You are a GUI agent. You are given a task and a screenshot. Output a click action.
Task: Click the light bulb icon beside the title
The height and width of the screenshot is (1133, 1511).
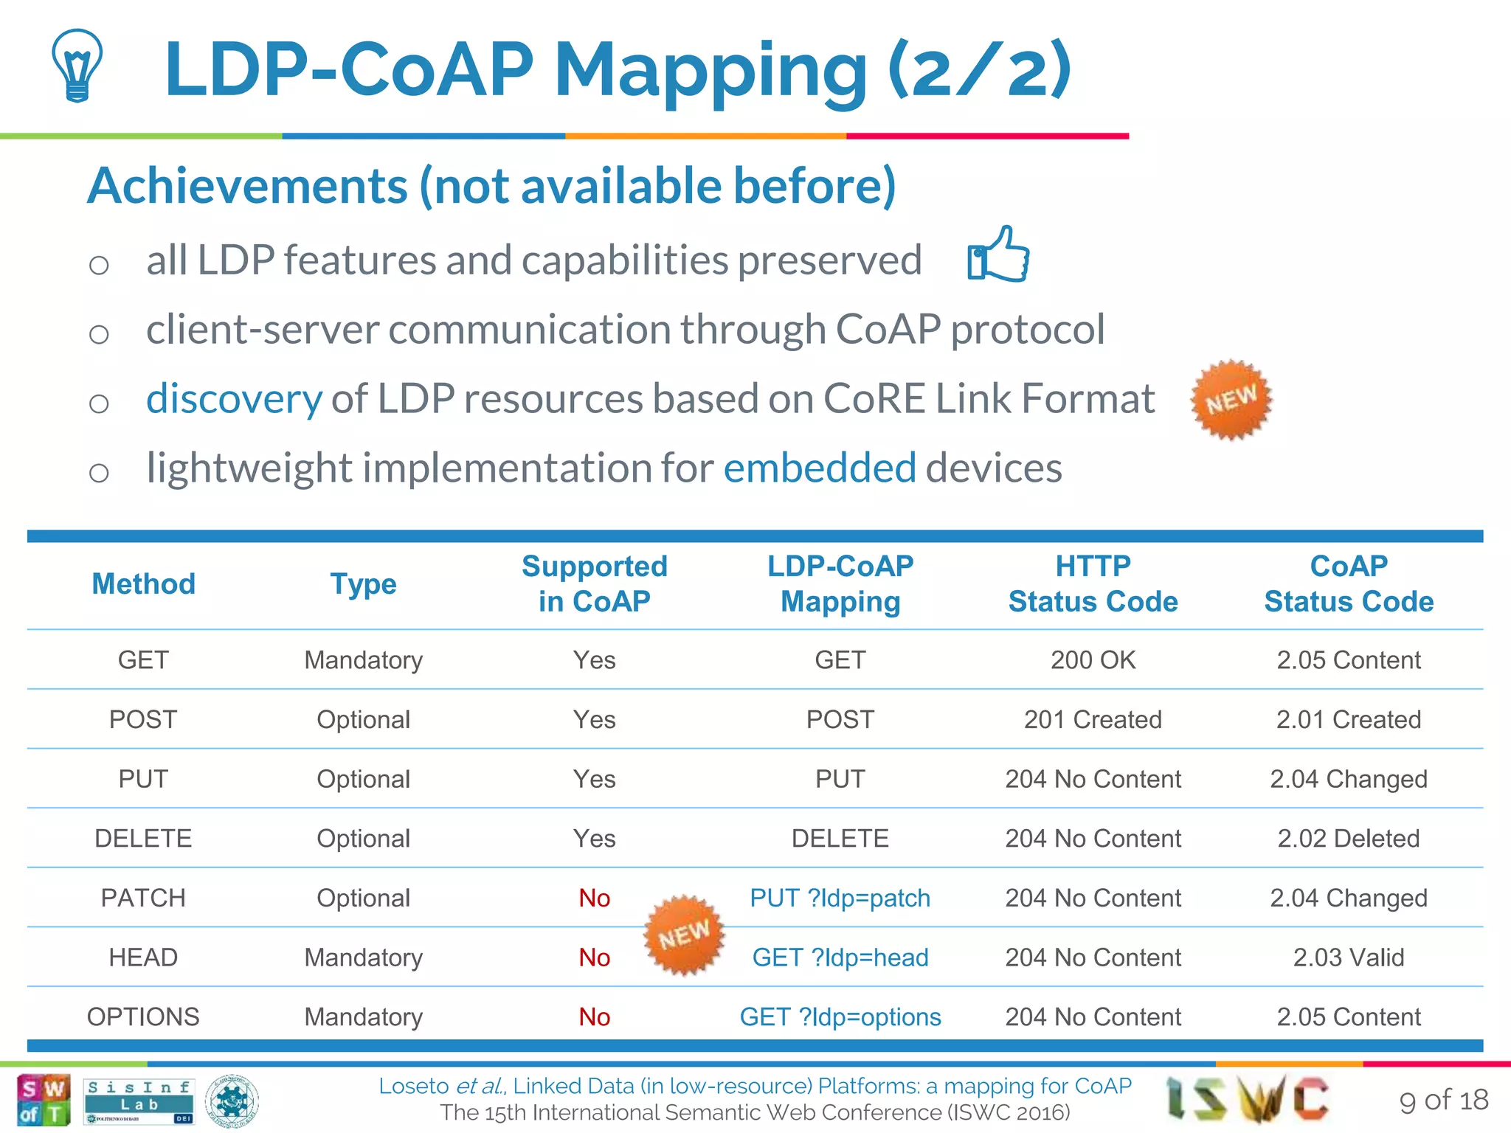[x=77, y=65]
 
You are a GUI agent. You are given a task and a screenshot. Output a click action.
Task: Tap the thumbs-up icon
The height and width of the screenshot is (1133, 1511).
[x=998, y=254]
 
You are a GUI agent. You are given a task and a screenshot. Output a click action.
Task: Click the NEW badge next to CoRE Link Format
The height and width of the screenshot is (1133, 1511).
[x=1231, y=400]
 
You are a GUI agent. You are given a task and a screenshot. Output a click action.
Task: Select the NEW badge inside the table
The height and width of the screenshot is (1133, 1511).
[x=684, y=935]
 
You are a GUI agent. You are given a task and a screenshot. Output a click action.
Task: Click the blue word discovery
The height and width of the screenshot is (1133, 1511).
[x=234, y=399]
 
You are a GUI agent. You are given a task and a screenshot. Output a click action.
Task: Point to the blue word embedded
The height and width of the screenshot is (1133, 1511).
[x=820, y=468]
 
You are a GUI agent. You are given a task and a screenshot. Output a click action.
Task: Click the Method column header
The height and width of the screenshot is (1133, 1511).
[x=143, y=583]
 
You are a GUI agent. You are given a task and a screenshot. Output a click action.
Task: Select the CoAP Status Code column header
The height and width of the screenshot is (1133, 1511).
[x=1348, y=583]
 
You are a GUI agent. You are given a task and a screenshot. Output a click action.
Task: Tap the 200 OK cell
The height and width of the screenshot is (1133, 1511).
[x=1093, y=659]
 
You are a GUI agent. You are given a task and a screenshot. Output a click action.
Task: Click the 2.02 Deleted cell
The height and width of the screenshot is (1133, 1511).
[x=1348, y=839]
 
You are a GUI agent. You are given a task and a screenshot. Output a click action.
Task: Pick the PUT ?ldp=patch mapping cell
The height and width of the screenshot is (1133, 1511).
[x=840, y=898]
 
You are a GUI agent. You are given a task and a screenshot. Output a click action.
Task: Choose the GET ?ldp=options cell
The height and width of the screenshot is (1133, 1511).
[x=840, y=1017]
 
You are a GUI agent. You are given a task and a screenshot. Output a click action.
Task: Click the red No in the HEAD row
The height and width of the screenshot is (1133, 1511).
[x=594, y=957]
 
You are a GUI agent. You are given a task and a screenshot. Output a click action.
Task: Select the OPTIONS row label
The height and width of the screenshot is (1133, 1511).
[x=143, y=1017]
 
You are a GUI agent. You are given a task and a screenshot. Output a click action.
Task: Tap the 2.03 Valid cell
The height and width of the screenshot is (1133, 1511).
[x=1348, y=957]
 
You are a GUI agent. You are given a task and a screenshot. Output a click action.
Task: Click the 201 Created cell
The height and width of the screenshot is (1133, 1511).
[x=1093, y=719]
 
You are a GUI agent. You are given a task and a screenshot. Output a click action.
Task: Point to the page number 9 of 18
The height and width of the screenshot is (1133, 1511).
[x=1443, y=1100]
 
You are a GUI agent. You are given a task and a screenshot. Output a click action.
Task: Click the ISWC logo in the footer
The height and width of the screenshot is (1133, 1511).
[x=1247, y=1098]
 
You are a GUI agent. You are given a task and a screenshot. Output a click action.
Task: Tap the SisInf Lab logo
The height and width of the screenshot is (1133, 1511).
[x=139, y=1101]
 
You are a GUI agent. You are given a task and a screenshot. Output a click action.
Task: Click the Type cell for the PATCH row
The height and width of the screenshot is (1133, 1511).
[x=363, y=898]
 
